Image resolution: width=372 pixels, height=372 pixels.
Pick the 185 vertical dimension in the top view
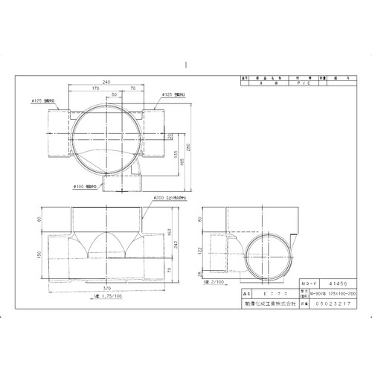pos(174,157)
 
